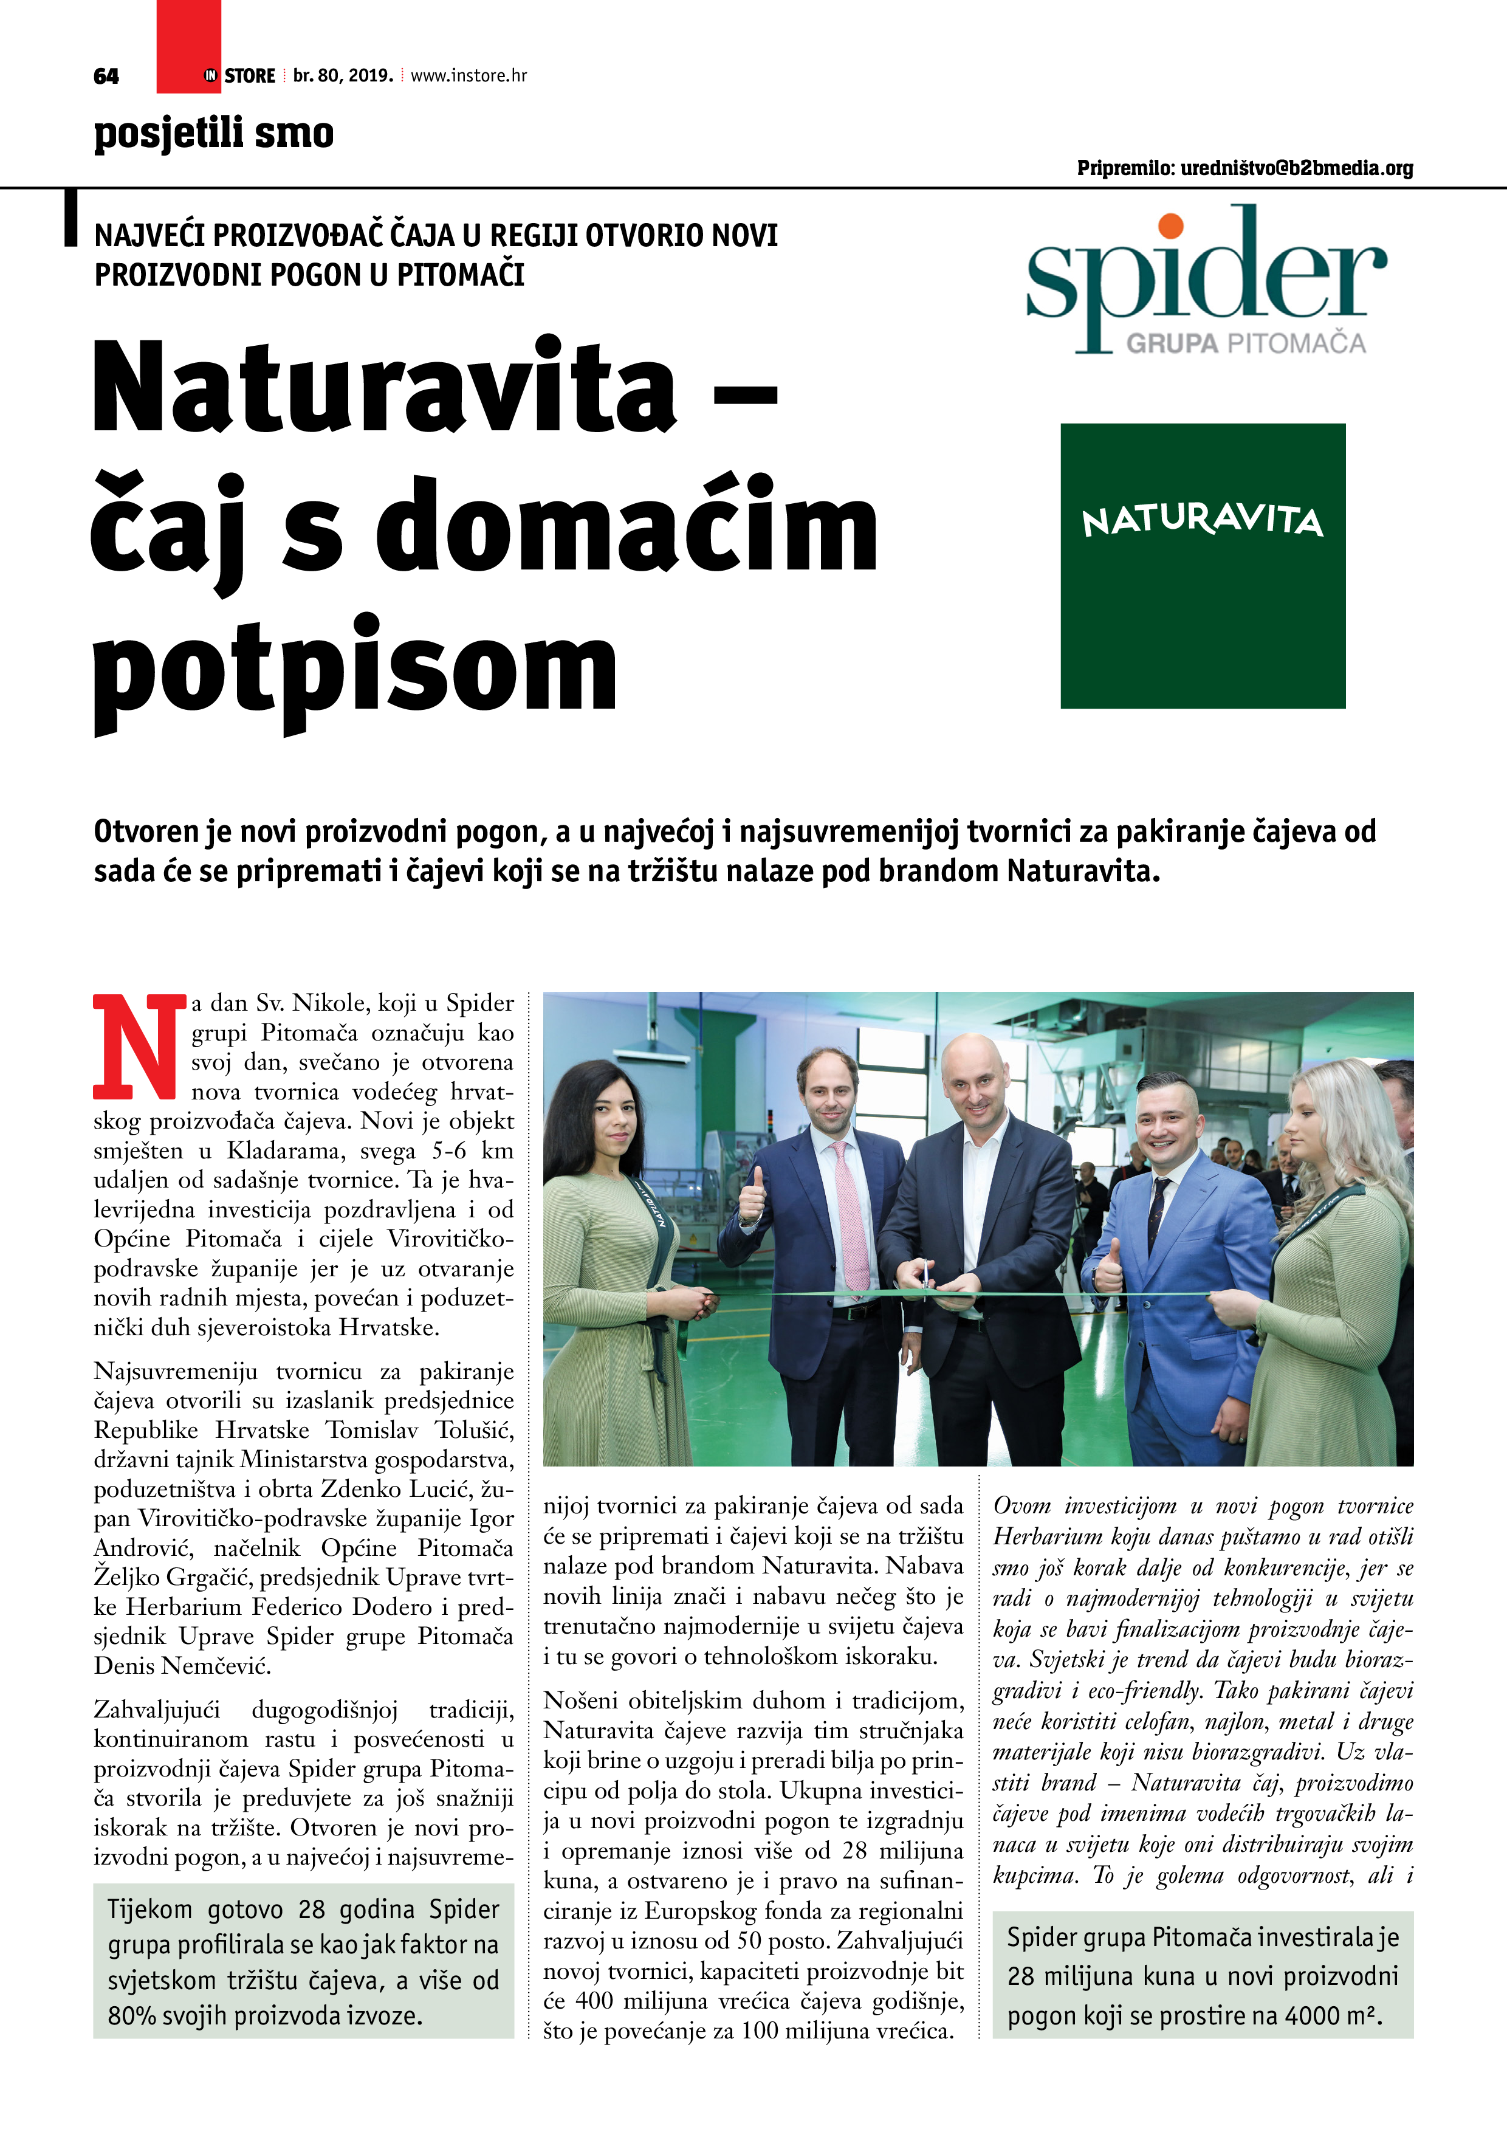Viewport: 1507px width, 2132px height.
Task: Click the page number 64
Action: pos(106,76)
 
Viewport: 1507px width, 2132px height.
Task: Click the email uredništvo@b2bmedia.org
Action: pos(1296,168)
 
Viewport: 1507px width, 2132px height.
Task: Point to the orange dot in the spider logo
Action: pos(1171,225)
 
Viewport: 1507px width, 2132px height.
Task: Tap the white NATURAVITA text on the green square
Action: pos(1203,520)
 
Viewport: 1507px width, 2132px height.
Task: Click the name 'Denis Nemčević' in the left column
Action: pos(183,1666)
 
